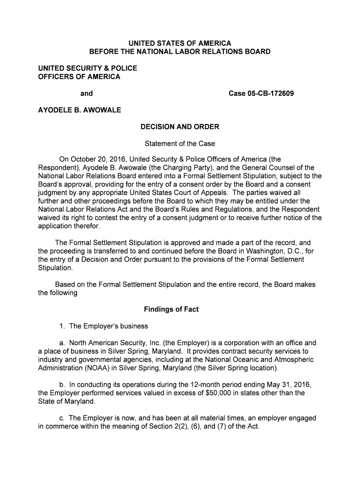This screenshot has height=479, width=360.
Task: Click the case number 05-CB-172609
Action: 261,94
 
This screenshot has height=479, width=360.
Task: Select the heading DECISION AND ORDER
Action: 180,127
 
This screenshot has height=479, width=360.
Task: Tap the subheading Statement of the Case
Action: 180,144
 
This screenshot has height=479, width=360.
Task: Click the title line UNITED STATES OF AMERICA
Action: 180,43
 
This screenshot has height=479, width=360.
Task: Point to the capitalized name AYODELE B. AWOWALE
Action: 79,110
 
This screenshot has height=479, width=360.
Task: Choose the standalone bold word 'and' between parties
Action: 86,94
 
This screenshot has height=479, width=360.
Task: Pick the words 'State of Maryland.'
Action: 66,401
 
